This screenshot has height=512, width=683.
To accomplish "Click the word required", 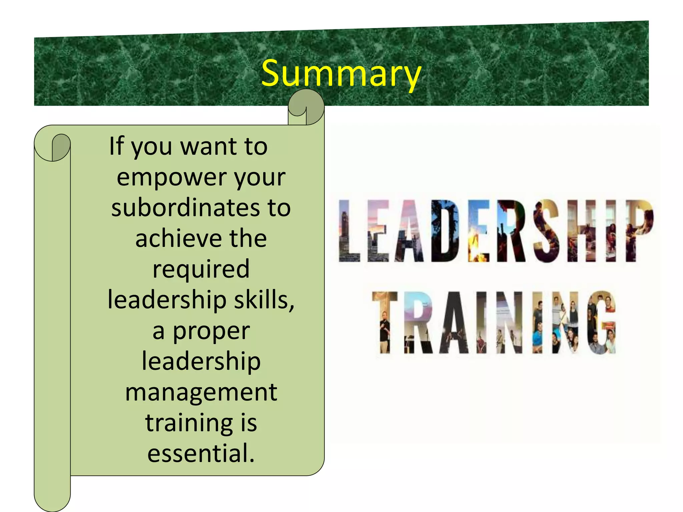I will [x=201, y=269].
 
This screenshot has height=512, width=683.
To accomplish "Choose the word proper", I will [x=211, y=331].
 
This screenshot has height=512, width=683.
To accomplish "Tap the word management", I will [x=201, y=392].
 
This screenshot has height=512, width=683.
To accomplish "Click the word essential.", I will [x=201, y=453].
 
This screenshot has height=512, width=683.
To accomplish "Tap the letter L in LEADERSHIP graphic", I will [x=349, y=231].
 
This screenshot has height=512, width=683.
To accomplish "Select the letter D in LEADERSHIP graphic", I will [x=445, y=231].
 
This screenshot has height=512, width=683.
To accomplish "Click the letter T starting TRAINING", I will [x=385, y=322].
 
